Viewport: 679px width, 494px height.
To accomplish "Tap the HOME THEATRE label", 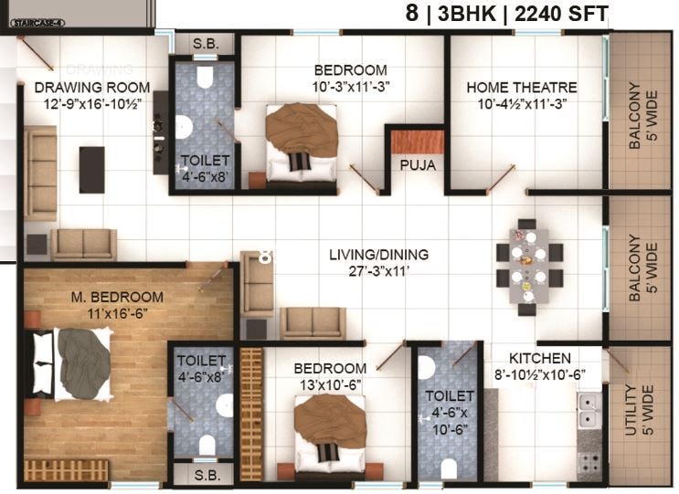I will (x=521, y=88).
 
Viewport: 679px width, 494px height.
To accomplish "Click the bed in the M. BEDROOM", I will (x=73, y=363).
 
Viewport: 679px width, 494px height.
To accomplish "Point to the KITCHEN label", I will (x=541, y=359).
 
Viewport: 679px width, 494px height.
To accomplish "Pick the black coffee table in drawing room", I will (x=91, y=169).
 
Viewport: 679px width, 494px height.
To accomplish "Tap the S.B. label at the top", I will (x=203, y=44).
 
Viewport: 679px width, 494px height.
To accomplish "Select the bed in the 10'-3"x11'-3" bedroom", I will (x=301, y=142).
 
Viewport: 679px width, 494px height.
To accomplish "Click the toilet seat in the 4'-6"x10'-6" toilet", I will (x=427, y=368).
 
